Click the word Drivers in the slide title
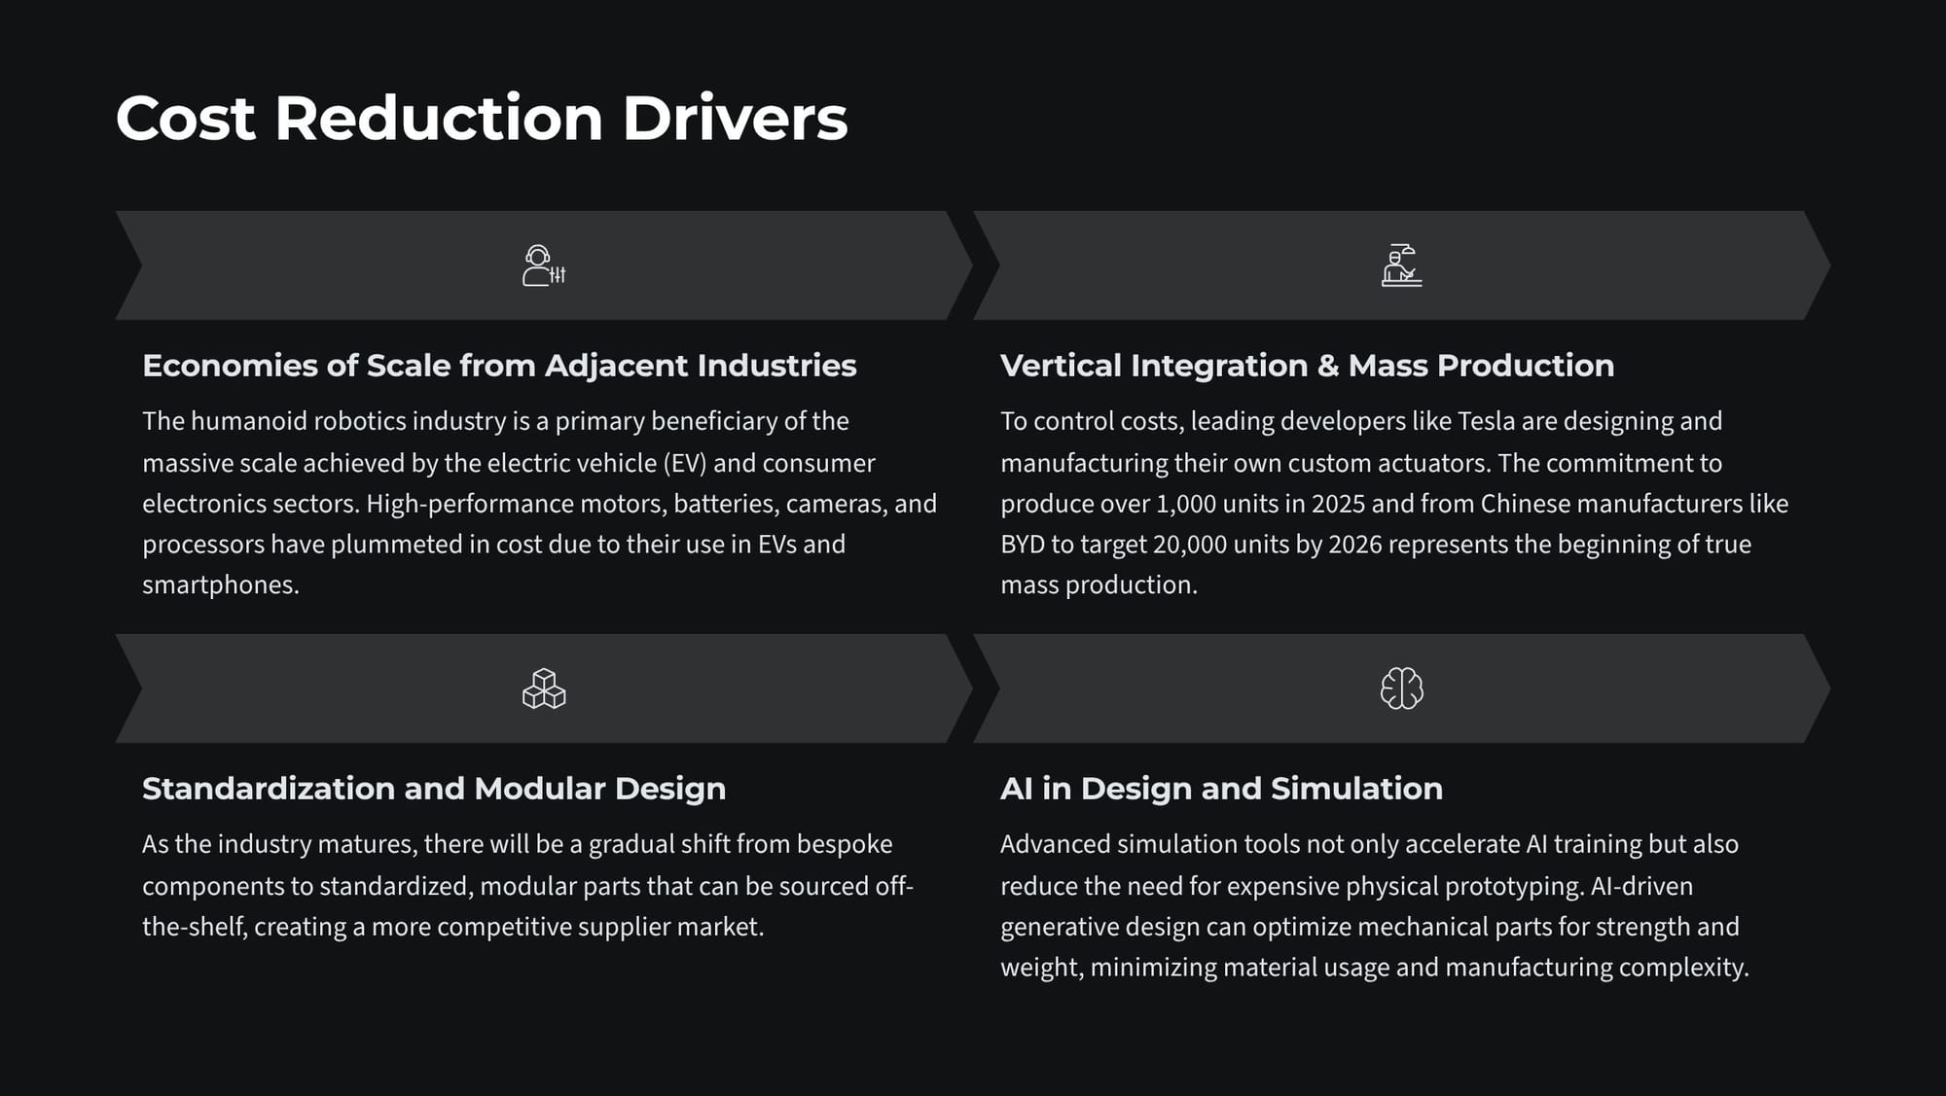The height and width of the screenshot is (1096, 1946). (x=735, y=119)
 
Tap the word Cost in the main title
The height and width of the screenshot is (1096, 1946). (x=186, y=119)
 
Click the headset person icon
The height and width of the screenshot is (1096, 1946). (x=544, y=265)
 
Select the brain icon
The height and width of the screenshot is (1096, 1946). (x=1402, y=689)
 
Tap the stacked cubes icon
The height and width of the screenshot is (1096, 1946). (x=544, y=689)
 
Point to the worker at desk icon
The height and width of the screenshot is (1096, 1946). (x=1402, y=265)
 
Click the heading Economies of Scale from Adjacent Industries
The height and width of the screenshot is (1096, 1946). (x=499, y=366)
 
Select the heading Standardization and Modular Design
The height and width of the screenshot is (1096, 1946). (x=434, y=789)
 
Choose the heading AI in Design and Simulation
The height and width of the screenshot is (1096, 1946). (x=1221, y=789)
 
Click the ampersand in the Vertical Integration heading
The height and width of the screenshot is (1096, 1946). (x=1328, y=366)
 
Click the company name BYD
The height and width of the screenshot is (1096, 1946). (x=1023, y=545)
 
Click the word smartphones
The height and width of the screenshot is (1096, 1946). (x=221, y=585)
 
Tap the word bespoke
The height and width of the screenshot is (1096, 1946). (x=845, y=844)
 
